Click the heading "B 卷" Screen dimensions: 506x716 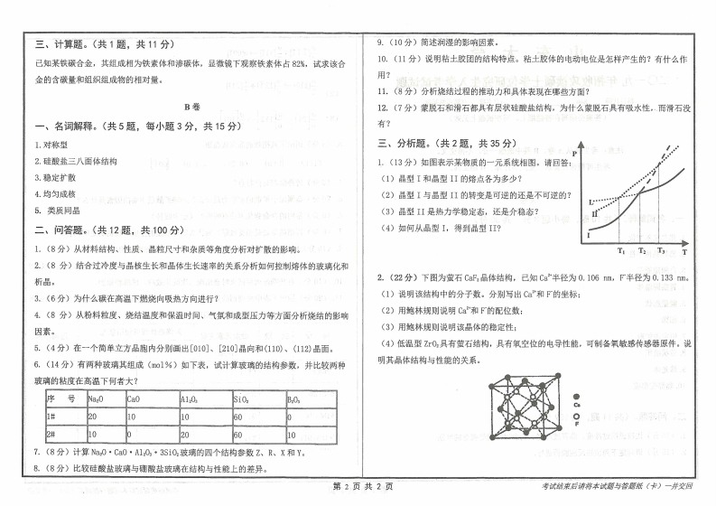(190, 106)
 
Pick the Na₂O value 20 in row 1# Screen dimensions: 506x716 (94, 417)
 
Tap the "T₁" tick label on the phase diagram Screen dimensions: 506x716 (621, 250)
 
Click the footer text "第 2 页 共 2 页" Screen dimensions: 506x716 (358, 488)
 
